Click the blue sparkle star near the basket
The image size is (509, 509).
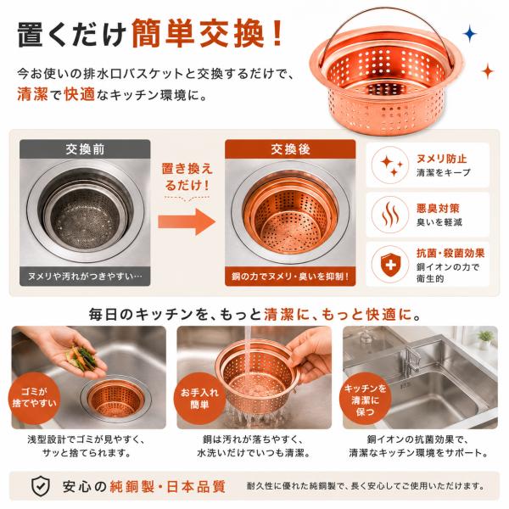coord(469,34)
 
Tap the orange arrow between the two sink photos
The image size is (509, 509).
coord(187,222)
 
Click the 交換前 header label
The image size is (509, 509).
coord(85,149)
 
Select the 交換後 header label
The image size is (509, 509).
coord(290,149)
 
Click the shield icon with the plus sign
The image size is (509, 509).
coord(390,265)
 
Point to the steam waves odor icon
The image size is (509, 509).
coord(390,215)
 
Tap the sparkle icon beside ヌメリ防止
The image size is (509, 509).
coord(390,165)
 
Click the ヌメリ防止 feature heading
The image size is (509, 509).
coord(442,159)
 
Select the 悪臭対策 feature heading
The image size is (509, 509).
coord(438,209)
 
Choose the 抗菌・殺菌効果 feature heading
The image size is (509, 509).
coord(450,253)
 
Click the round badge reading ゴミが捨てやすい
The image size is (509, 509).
coord(34,397)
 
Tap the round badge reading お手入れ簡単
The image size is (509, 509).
coord(199,399)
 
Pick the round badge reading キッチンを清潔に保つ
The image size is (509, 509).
coord(365,400)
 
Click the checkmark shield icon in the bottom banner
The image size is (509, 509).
coord(41,486)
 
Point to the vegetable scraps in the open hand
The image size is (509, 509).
coord(81,357)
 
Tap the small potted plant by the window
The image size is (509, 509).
coord(485,339)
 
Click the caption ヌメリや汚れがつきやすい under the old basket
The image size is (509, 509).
coord(85,277)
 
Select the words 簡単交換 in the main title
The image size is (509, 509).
coord(198,34)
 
